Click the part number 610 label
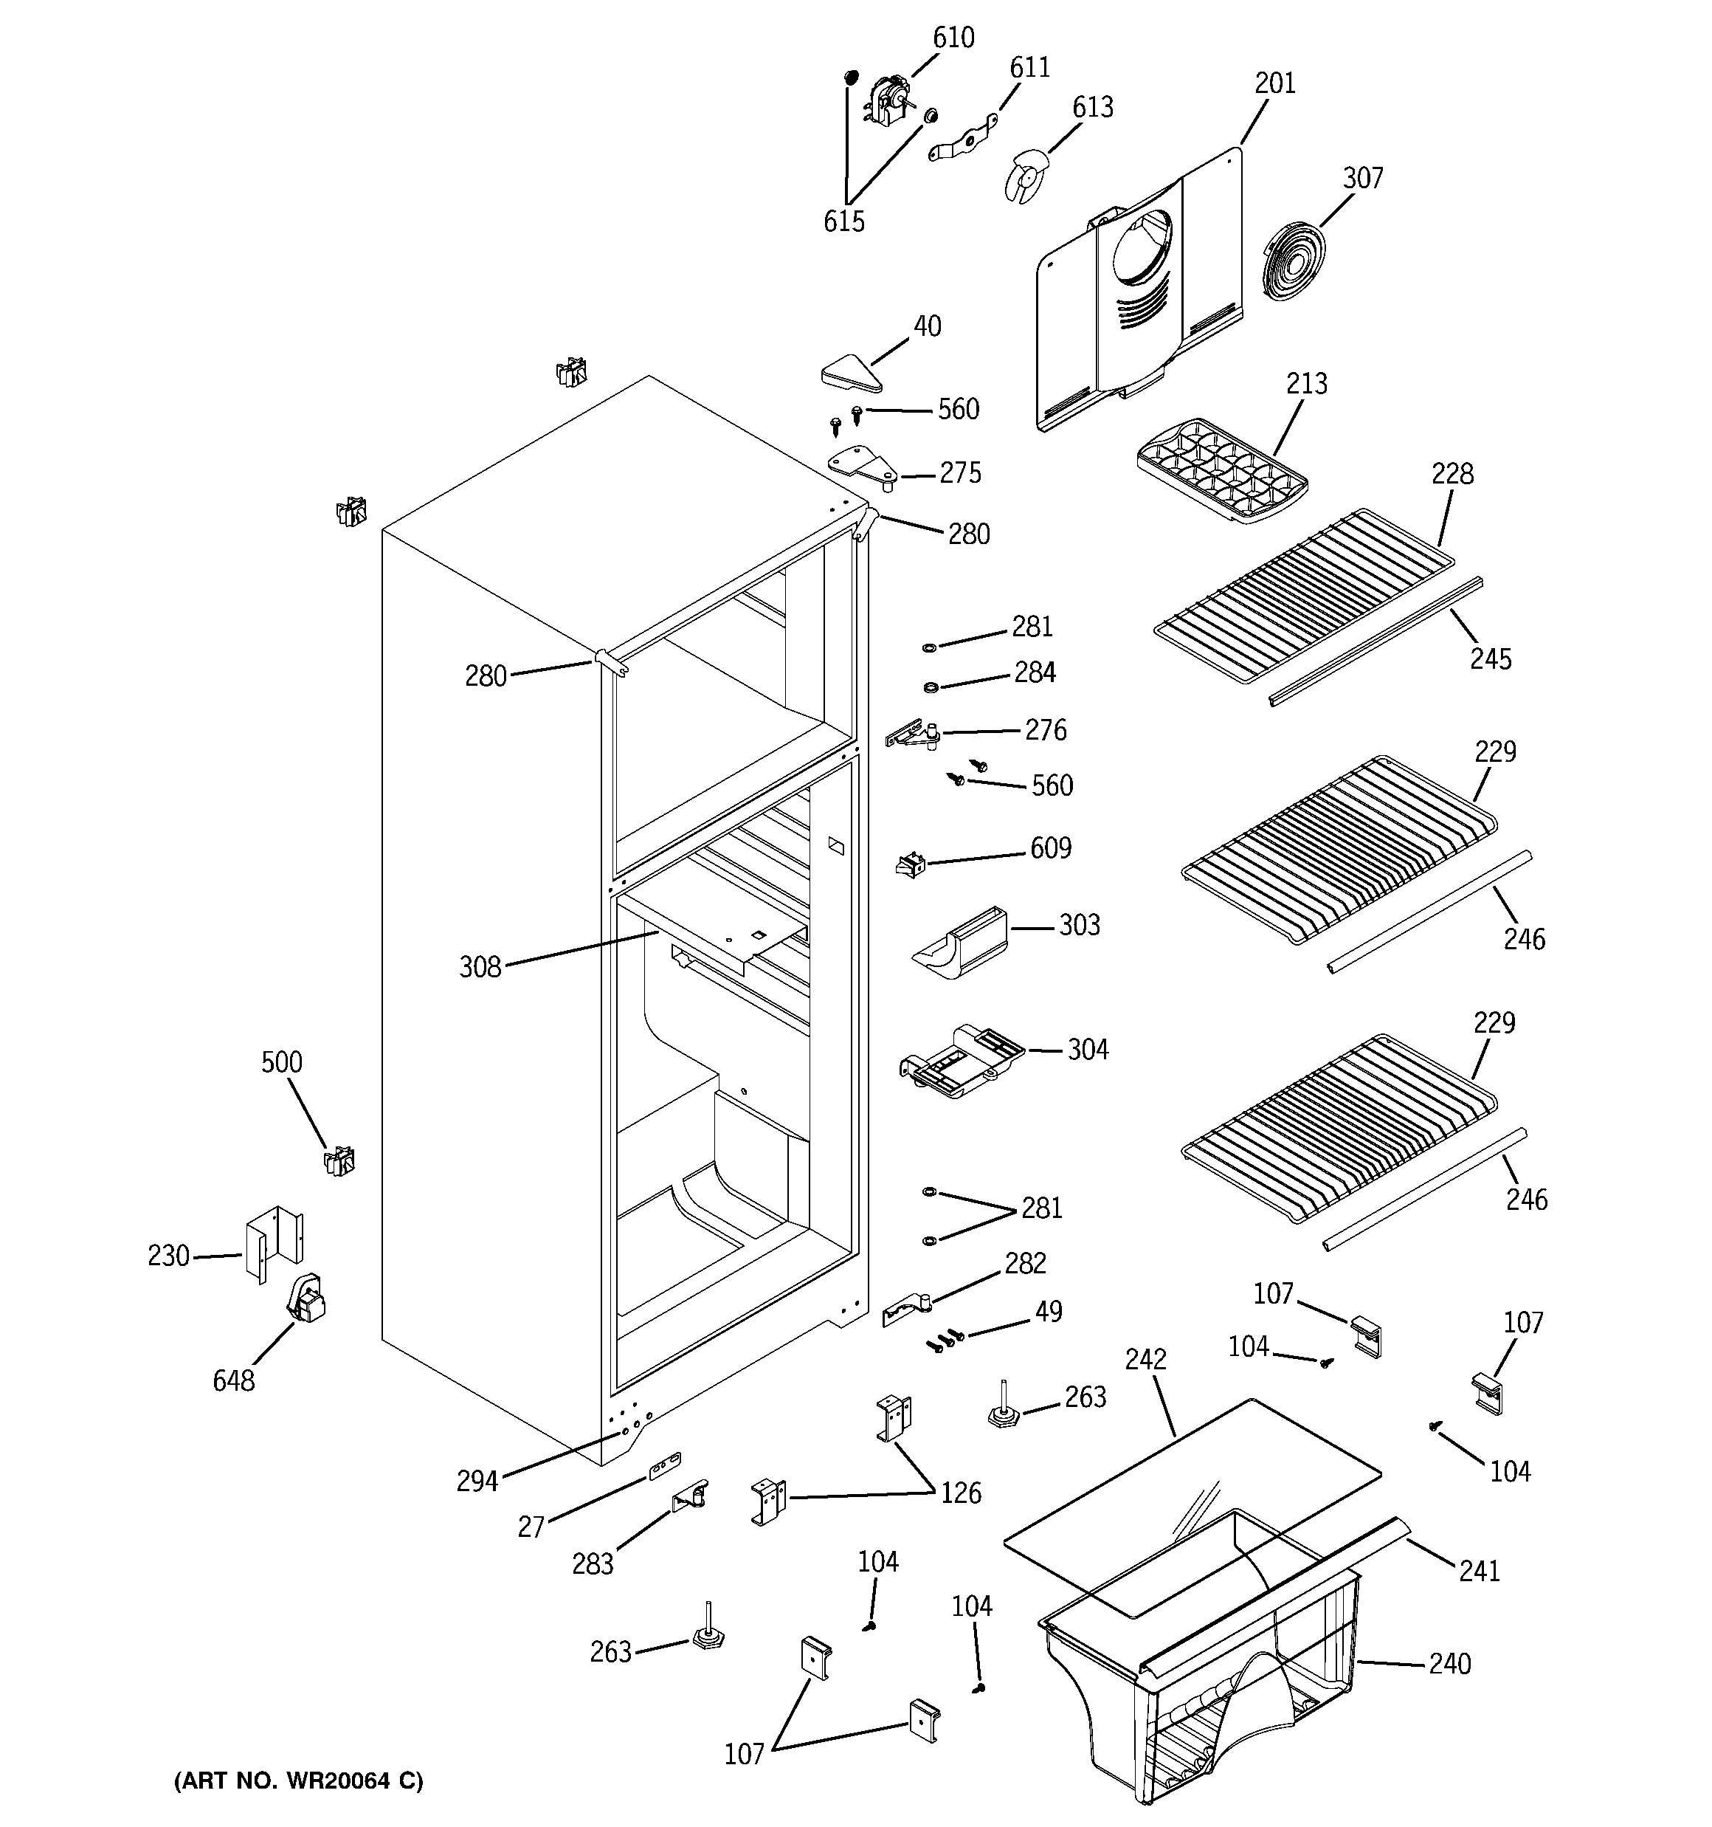pos(953,38)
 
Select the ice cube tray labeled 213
pos(1221,469)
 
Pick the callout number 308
pos(480,967)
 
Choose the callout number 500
pos(281,1062)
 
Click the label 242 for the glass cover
pos(1145,1359)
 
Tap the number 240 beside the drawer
pos(1449,1663)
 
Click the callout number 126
pos(960,1493)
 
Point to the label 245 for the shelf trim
pos(1490,659)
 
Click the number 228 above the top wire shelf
pos(1452,474)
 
